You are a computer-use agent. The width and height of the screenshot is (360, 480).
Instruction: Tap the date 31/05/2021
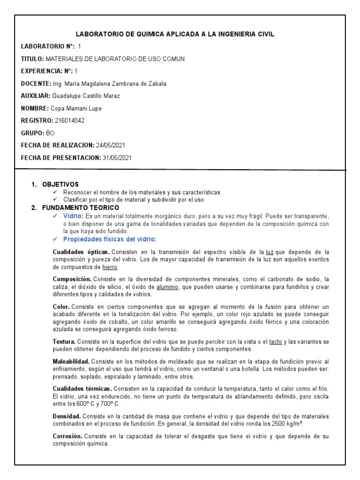(x=117, y=157)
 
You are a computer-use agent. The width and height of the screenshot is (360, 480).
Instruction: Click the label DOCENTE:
(x=36, y=84)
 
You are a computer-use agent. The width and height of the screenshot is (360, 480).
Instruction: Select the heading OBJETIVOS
(x=60, y=185)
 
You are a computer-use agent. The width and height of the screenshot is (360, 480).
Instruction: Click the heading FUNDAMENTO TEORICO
(x=81, y=207)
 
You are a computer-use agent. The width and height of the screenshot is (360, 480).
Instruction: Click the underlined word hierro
(x=110, y=267)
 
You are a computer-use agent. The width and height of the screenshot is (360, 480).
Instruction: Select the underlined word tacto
(x=276, y=342)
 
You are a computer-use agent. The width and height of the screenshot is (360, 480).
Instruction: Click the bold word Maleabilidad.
(x=71, y=361)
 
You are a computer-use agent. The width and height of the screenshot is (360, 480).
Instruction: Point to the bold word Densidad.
(x=67, y=416)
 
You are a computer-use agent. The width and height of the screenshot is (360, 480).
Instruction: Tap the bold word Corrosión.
(x=68, y=436)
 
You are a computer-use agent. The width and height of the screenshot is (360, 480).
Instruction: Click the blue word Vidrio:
(x=74, y=216)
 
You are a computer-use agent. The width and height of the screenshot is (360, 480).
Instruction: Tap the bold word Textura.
(x=64, y=342)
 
